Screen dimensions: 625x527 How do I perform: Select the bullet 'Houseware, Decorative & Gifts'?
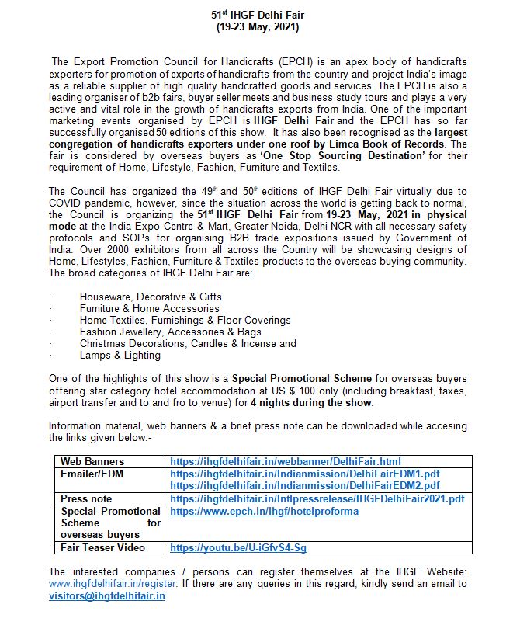click(x=150, y=297)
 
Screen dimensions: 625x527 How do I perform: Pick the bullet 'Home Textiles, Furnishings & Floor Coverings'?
click(x=185, y=320)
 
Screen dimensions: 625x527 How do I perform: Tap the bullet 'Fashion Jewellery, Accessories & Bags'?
click(x=169, y=332)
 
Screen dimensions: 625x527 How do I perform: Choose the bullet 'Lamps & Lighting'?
click(x=120, y=355)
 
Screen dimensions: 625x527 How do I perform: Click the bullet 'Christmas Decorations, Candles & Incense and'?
click(x=188, y=343)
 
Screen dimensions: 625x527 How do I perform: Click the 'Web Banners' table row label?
click(x=92, y=461)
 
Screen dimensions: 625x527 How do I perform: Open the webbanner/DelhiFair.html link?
click(x=285, y=461)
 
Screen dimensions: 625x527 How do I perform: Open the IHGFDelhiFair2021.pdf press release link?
click(x=317, y=498)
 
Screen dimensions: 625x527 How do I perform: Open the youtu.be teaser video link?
click(x=238, y=547)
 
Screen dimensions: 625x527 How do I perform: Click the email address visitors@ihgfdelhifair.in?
click(x=106, y=595)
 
